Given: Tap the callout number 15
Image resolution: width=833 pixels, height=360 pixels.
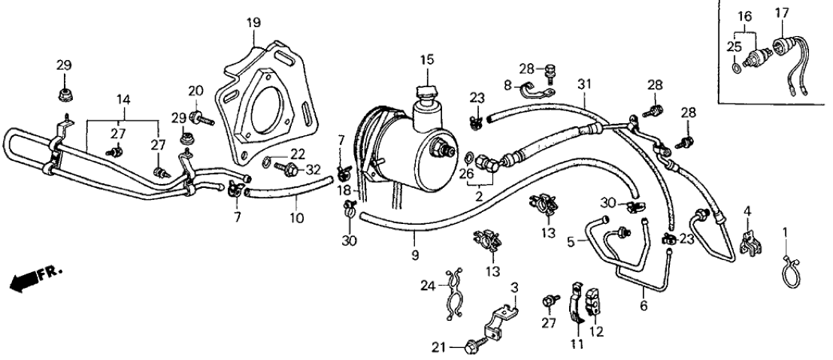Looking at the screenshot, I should pos(427,59).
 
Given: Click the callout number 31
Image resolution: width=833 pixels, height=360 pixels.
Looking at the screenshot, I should pos(585,82).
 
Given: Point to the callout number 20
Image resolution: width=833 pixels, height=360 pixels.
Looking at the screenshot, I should pos(195,91).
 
